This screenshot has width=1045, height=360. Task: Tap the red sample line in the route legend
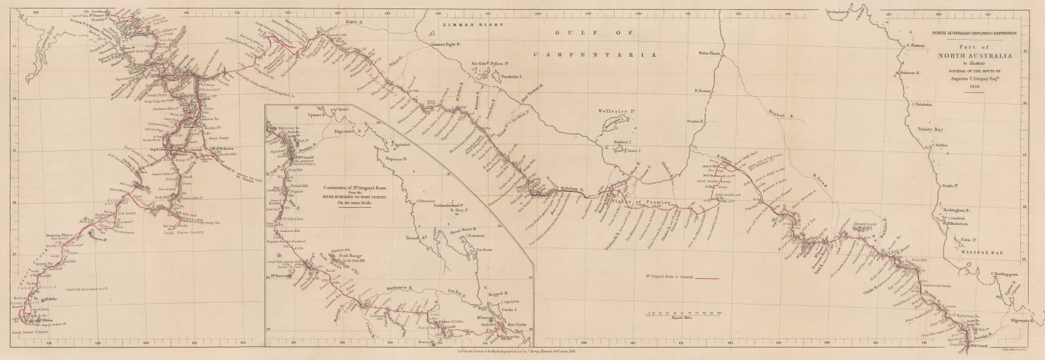(x=708, y=278)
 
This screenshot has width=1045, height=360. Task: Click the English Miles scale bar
(x=684, y=308)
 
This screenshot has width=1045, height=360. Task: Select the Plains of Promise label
(x=643, y=203)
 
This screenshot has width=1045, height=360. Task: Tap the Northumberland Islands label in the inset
(x=451, y=205)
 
